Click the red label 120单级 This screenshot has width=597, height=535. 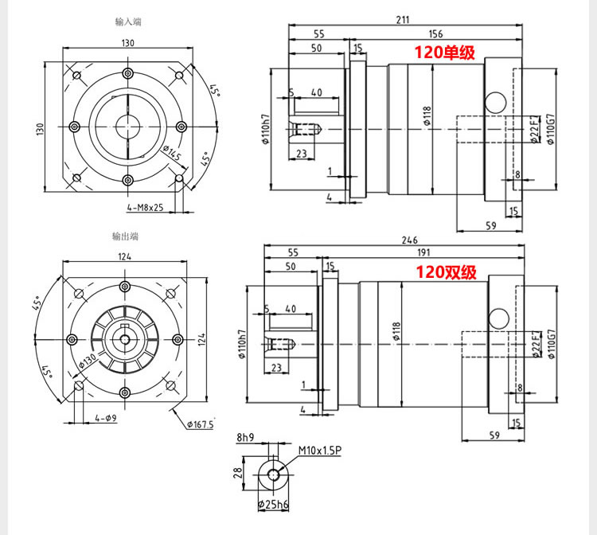pos(444,53)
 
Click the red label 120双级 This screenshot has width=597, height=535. pos(446,272)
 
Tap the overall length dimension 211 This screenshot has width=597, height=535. pos(403,20)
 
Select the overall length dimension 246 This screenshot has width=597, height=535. pos(410,240)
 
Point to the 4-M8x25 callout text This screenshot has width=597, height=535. pos(145,207)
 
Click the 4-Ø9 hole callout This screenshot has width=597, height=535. pos(106,418)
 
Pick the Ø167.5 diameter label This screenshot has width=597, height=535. pos(201,424)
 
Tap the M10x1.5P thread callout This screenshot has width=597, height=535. pos(320,451)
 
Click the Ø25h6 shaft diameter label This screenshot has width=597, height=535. pos(273,505)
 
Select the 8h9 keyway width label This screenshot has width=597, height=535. pos(245,438)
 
